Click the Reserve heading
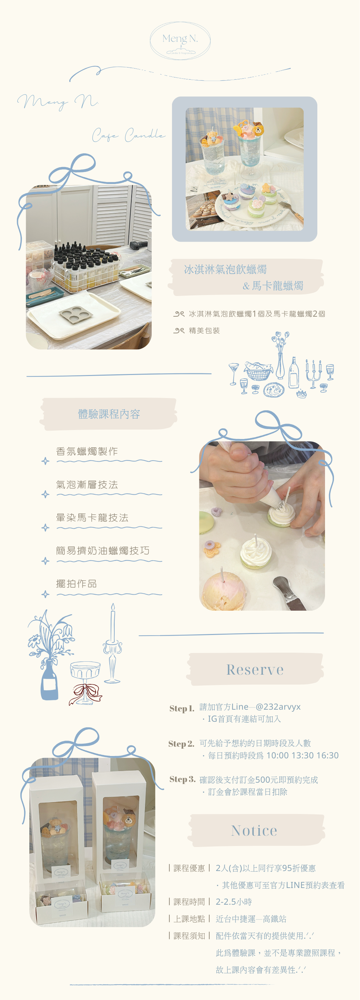tap(255, 669)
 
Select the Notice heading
tap(254, 830)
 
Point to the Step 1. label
tap(182, 708)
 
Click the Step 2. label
tap(181, 744)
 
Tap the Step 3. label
tap(182, 779)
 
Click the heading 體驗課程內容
tap(109, 414)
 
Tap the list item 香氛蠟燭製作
tap(87, 451)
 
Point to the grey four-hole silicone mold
tap(76, 313)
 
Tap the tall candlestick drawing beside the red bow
tap(113, 644)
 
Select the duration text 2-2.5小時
tap(234, 902)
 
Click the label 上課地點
tap(189, 919)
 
